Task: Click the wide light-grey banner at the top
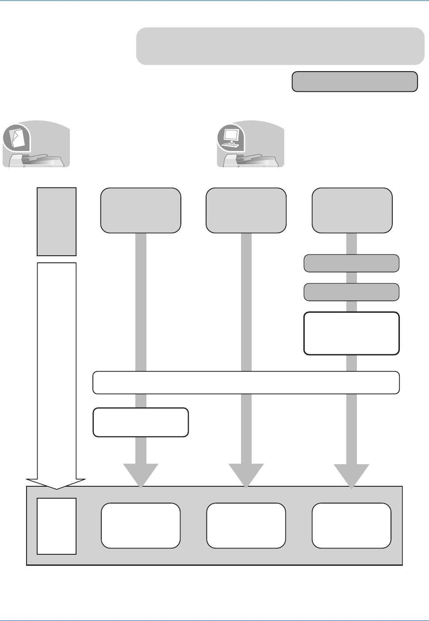tap(280, 46)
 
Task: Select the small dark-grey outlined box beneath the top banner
tap(355, 82)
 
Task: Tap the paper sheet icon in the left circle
tap(17, 138)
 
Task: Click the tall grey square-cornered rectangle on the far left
tap(57, 222)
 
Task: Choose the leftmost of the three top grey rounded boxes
tap(141, 210)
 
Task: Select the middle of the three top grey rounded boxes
tap(246, 210)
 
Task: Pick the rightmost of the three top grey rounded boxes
tap(352, 210)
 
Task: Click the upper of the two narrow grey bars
tap(352, 263)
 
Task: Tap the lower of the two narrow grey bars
tap(352, 292)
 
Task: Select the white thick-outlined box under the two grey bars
tap(352, 333)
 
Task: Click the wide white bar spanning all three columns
tap(246, 382)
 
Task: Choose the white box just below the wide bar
tap(141, 422)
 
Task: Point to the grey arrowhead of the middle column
tap(246, 475)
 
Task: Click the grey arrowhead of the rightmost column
tap(352, 475)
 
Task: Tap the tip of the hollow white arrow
tap(56, 488)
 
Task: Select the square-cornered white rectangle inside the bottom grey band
tap(57, 526)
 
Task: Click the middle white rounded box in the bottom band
tap(246, 526)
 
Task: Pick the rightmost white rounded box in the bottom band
tap(352, 526)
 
